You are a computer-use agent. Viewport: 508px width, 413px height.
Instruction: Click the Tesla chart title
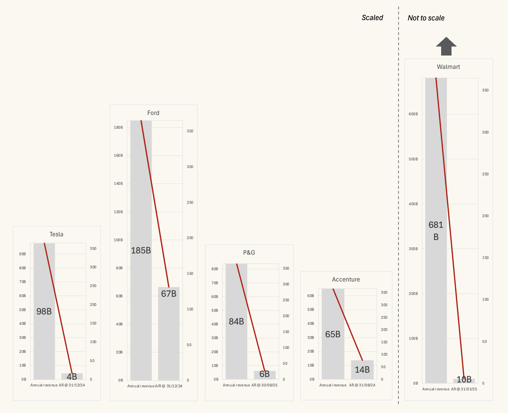pos(56,234)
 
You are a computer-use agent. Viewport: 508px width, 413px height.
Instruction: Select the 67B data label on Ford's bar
pos(169,294)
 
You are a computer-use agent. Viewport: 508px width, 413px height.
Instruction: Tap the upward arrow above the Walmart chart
pos(446,46)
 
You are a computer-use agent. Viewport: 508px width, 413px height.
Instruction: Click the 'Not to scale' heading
pos(426,18)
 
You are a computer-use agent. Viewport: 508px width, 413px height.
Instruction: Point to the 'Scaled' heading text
pos(372,18)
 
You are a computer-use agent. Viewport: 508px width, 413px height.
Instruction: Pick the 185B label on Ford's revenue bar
pos(141,250)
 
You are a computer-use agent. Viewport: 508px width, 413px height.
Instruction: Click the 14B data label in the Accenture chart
pos(362,370)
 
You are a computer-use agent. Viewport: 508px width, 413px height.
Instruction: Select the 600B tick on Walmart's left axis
pos(413,114)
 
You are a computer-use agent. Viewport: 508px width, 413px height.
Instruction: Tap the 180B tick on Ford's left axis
pos(118,127)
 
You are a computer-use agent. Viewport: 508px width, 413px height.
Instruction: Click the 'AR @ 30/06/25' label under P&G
pos(264,385)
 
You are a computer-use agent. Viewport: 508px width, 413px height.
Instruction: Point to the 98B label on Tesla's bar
pos(44,311)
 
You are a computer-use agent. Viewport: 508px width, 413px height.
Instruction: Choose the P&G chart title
pos(249,253)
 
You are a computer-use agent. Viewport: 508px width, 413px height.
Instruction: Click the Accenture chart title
pos(346,279)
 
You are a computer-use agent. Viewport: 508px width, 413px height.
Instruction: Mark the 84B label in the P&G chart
pos(236,321)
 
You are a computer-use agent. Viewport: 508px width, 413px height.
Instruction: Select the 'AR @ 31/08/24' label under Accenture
pos(362,385)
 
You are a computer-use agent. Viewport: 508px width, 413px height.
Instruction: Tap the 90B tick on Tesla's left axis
pos(23,254)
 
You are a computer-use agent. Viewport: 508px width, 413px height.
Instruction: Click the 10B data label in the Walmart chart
pos(464,379)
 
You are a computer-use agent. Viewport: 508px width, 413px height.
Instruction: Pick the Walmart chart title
pos(448,67)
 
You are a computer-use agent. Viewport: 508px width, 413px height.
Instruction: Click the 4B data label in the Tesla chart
pos(72,377)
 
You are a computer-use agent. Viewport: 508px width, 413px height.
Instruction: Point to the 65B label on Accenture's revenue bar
pos(333,334)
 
